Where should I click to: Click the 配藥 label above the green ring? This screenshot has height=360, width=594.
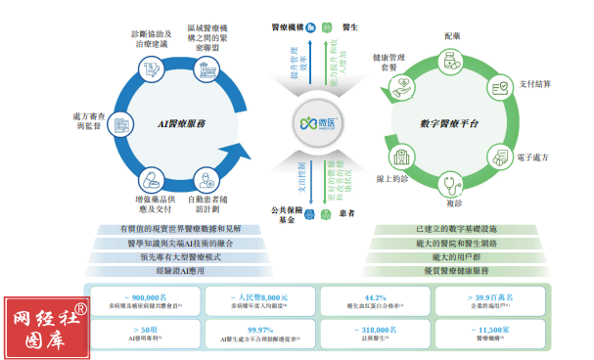451,36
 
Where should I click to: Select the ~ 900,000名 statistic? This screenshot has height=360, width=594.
146,294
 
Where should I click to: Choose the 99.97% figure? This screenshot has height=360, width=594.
259,330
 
